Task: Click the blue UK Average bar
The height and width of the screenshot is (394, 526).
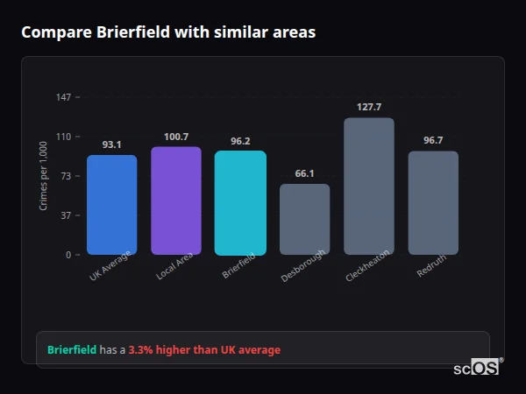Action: (x=111, y=205)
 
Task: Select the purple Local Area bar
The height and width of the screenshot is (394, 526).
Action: (x=176, y=201)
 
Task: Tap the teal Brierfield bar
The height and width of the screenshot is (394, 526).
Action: (x=240, y=203)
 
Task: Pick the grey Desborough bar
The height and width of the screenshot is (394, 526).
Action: (x=304, y=220)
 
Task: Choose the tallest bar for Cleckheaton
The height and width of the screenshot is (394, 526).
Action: (x=369, y=186)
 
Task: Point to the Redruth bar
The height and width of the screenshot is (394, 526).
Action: (x=433, y=203)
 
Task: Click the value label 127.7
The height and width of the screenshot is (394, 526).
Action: (x=369, y=107)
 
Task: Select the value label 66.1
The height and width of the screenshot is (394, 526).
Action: (x=304, y=173)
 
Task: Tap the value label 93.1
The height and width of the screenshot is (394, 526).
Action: (x=111, y=144)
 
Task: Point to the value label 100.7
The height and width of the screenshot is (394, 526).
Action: (x=176, y=137)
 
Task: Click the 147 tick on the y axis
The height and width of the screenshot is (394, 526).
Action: (x=64, y=97)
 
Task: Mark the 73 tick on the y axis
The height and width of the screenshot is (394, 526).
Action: (x=66, y=176)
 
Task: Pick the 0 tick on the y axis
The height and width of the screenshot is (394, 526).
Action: (x=68, y=255)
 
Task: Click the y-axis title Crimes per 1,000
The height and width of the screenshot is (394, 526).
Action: (x=44, y=176)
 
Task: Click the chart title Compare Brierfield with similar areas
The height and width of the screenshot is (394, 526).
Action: (x=168, y=32)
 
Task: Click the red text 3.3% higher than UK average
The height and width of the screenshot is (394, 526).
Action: (x=204, y=350)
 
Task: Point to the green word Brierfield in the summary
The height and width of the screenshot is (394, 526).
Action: (x=71, y=350)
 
